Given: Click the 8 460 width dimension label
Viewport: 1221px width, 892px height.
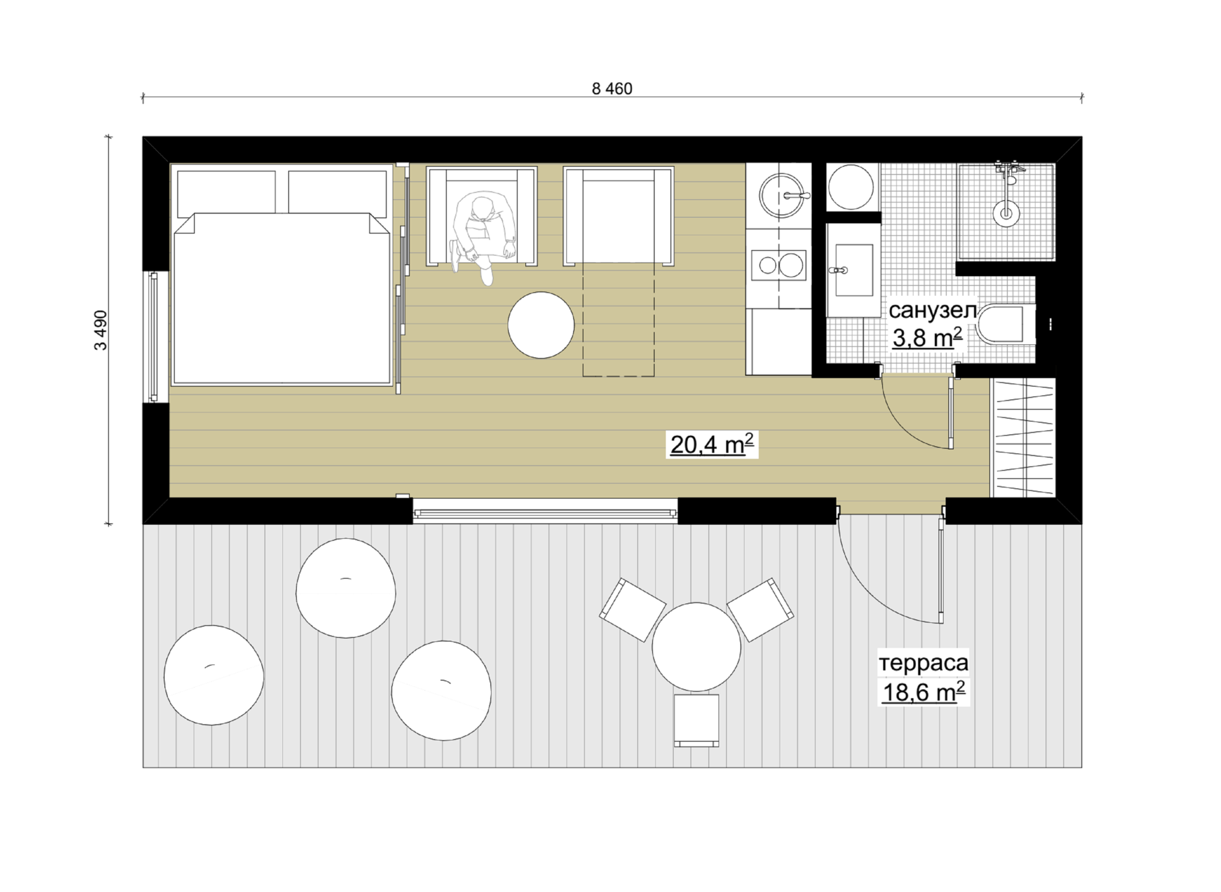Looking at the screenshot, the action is [x=612, y=88].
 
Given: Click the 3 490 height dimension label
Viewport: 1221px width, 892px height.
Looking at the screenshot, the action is [x=100, y=330].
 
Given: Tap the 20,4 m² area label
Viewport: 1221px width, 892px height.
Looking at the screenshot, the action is [x=712, y=444].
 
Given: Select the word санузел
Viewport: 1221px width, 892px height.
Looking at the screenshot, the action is [x=932, y=310].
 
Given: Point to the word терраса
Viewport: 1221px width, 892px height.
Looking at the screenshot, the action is [x=923, y=662].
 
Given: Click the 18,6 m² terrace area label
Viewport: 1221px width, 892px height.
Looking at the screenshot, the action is [x=923, y=691].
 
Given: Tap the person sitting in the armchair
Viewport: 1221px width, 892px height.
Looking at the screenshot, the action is [x=481, y=237].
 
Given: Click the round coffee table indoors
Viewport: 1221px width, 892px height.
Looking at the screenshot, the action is [x=541, y=325].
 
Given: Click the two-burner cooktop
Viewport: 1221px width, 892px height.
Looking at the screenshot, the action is [x=778, y=265].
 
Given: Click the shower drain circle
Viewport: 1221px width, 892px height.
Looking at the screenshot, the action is [x=1006, y=213].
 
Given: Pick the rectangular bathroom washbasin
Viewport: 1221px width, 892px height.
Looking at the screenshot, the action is [x=853, y=270].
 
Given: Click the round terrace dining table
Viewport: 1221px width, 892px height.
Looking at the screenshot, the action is [x=696, y=646].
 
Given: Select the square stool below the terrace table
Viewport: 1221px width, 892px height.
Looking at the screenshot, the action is [x=696, y=720].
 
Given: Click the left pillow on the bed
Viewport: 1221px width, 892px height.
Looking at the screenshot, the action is [x=226, y=192].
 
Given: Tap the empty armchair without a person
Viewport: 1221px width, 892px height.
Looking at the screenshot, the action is [x=618, y=216].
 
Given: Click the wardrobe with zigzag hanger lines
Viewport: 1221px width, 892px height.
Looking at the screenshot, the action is [x=1023, y=437].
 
